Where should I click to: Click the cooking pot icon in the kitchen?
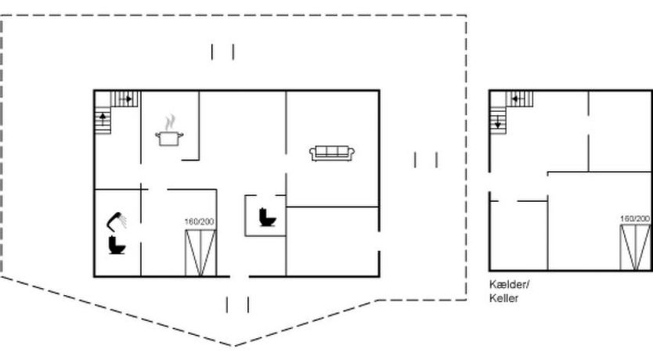coord(169,138)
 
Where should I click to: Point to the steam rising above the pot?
coord(168,123)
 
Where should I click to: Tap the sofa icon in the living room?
coord(332,153)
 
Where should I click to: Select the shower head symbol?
coord(117,221)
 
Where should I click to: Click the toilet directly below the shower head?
coord(117,245)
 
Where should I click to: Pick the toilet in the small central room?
coord(267,218)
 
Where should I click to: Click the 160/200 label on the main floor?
coord(200,221)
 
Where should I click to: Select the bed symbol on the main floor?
coord(200,253)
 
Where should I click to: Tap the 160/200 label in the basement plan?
coord(635,218)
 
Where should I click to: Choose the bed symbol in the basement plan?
coord(636,247)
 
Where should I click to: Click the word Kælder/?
coord(509,285)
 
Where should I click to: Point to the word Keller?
coord(504,298)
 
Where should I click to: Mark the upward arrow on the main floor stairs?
coord(103,119)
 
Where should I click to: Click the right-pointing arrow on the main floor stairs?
coord(127,99)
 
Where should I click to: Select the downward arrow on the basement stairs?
coord(498,122)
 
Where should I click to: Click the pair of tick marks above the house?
coord(222,52)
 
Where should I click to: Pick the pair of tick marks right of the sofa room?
coord(426,160)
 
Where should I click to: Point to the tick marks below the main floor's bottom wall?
coord(237,304)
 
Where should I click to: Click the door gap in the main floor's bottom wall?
coord(240,276)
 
